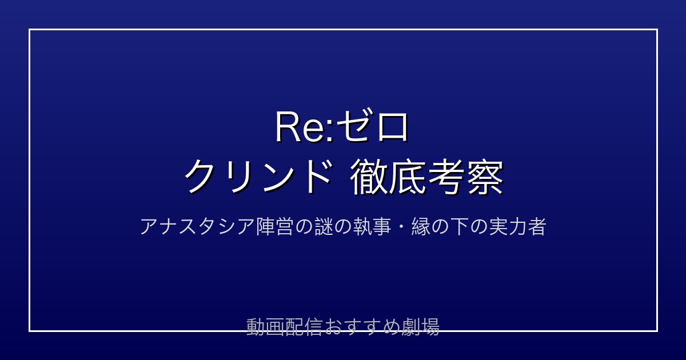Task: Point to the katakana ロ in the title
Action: pyautogui.click(x=393, y=127)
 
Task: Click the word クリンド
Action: pyautogui.click(x=258, y=177)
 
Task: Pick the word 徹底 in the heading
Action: pyautogui.click(x=388, y=178)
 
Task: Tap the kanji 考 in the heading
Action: pyautogui.click(x=446, y=178)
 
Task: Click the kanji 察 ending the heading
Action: pyautogui.click(x=485, y=178)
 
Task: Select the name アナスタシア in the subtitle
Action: pyautogui.click(x=197, y=227)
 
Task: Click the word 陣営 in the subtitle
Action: pyautogui.click(x=274, y=227)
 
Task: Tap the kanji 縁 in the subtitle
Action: pyautogui.click(x=421, y=227)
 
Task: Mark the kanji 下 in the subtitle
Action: pyautogui.click(x=460, y=227)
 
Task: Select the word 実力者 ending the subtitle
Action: pyautogui.click(x=517, y=227)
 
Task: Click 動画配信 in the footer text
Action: pyautogui.click(x=284, y=327)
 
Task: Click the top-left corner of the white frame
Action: pyautogui.click(x=29, y=30)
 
